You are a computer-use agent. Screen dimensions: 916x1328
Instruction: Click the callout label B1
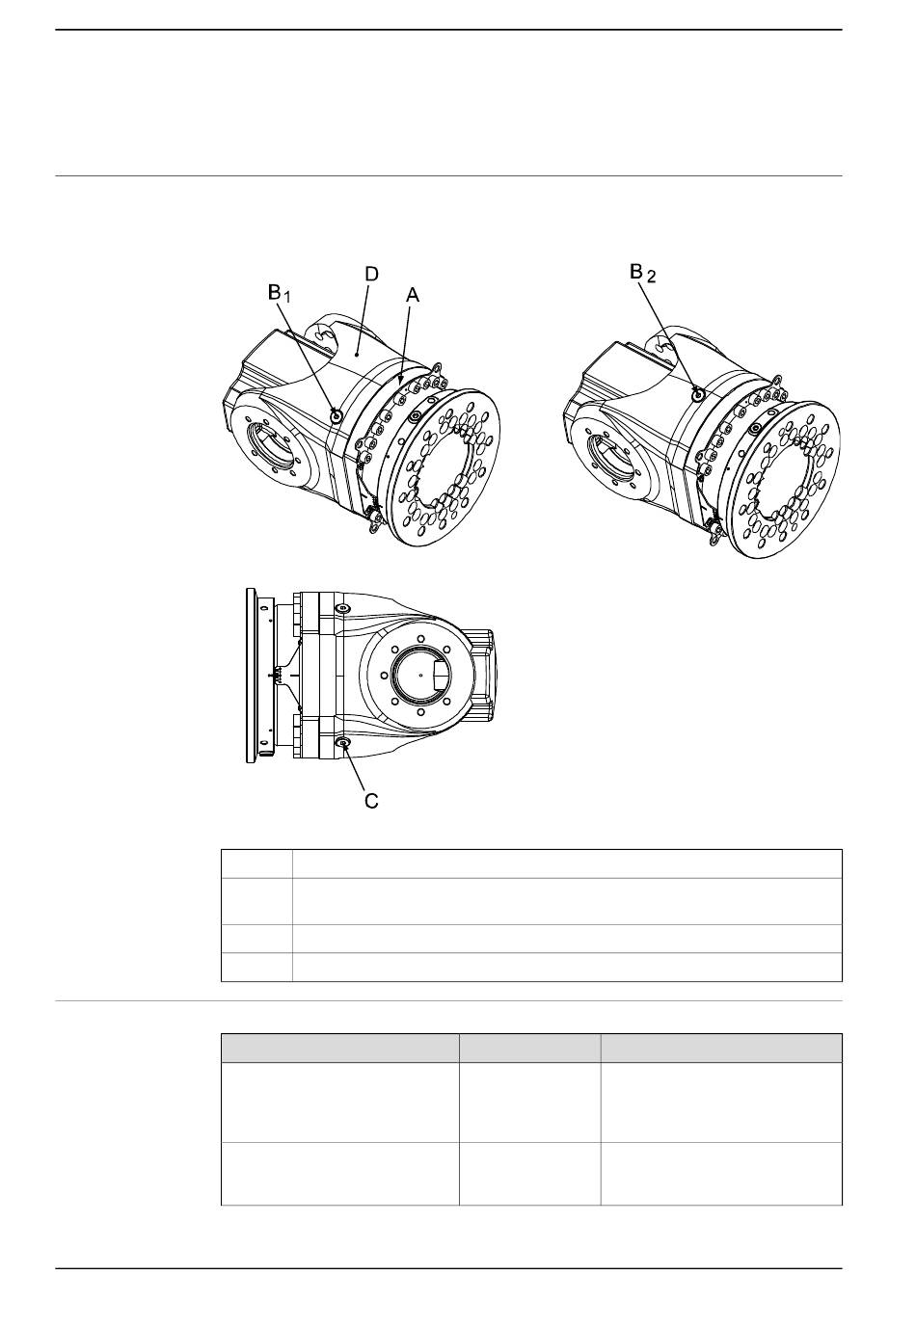(279, 293)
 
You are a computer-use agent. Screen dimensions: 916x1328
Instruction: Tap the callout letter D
(371, 274)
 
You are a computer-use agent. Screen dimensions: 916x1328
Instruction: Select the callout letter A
(413, 295)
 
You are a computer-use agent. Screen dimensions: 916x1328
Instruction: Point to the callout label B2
(642, 274)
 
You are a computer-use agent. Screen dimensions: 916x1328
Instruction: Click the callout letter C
(371, 801)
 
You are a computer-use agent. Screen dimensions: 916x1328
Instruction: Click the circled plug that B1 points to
(337, 416)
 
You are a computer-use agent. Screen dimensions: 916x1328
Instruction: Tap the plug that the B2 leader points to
(698, 393)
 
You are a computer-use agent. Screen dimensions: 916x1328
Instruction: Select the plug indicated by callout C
(341, 743)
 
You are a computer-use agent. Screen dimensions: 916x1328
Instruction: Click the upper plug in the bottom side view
(341, 609)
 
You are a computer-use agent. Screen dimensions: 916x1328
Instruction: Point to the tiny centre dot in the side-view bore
(420, 674)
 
